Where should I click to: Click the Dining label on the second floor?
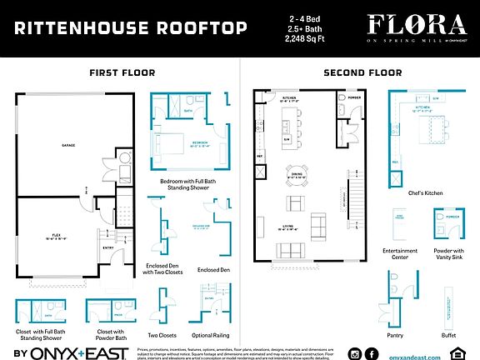pos(297,176)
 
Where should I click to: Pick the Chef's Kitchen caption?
pos(426,192)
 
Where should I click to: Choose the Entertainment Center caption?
pos(401,253)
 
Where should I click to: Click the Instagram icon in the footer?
pos(355,354)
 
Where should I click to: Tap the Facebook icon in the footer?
pos(377,354)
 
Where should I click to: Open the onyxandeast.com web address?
pos(428,354)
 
